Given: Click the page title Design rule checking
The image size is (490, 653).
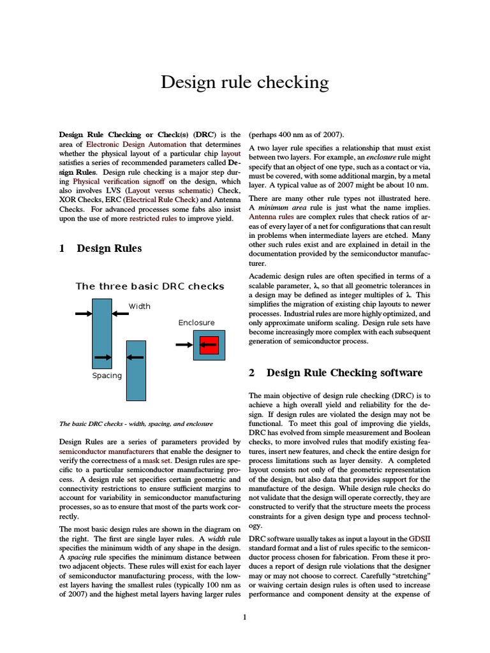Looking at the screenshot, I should point(244,82).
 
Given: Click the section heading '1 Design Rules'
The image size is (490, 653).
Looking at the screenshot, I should point(100,248).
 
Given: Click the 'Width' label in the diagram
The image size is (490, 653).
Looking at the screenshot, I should point(140,306).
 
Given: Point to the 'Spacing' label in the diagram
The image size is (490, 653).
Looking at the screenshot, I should point(107,376).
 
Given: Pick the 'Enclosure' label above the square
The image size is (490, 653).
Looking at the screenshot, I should point(197,323).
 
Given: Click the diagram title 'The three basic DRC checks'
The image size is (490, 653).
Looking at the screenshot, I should point(149,286).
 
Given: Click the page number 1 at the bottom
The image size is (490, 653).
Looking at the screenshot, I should point(245,617).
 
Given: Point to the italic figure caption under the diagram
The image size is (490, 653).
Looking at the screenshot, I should point(135,423).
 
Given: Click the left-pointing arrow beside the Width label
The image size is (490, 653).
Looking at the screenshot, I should point(119,313).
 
